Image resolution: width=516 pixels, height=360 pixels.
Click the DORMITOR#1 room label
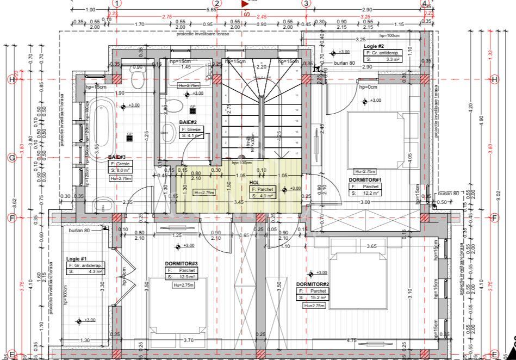pyautogui.click(x=365, y=179)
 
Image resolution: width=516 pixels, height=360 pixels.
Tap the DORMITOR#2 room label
pyautogui.click(x=313, y=284)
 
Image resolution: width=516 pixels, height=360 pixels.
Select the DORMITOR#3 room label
pyautogui.click(x=182, y=264)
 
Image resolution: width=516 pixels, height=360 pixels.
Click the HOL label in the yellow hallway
pyautogui.click(x=254, y=183)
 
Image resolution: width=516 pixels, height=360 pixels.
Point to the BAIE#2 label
pyautogui.click(x=188, y=123)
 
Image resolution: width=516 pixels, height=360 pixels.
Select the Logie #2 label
pyautogui.click(x=374, y=46)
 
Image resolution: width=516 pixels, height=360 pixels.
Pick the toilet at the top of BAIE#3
pyautogui.click(x=138, y=80)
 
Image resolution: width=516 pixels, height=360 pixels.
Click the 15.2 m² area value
pyautogui.click(x=319, y=298)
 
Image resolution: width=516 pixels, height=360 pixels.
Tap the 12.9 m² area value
pyautogui.click(x=186, y=277)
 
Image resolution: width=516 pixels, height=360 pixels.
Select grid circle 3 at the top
pyautogui.click(x=306, y=3)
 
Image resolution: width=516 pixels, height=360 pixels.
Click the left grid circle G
pyautogui.click(x=11, y=158)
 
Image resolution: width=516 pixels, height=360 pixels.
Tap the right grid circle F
pyautogui.click(x=494, y=218)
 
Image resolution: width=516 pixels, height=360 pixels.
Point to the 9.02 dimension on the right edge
pyautogui.click(x=499, y=196)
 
